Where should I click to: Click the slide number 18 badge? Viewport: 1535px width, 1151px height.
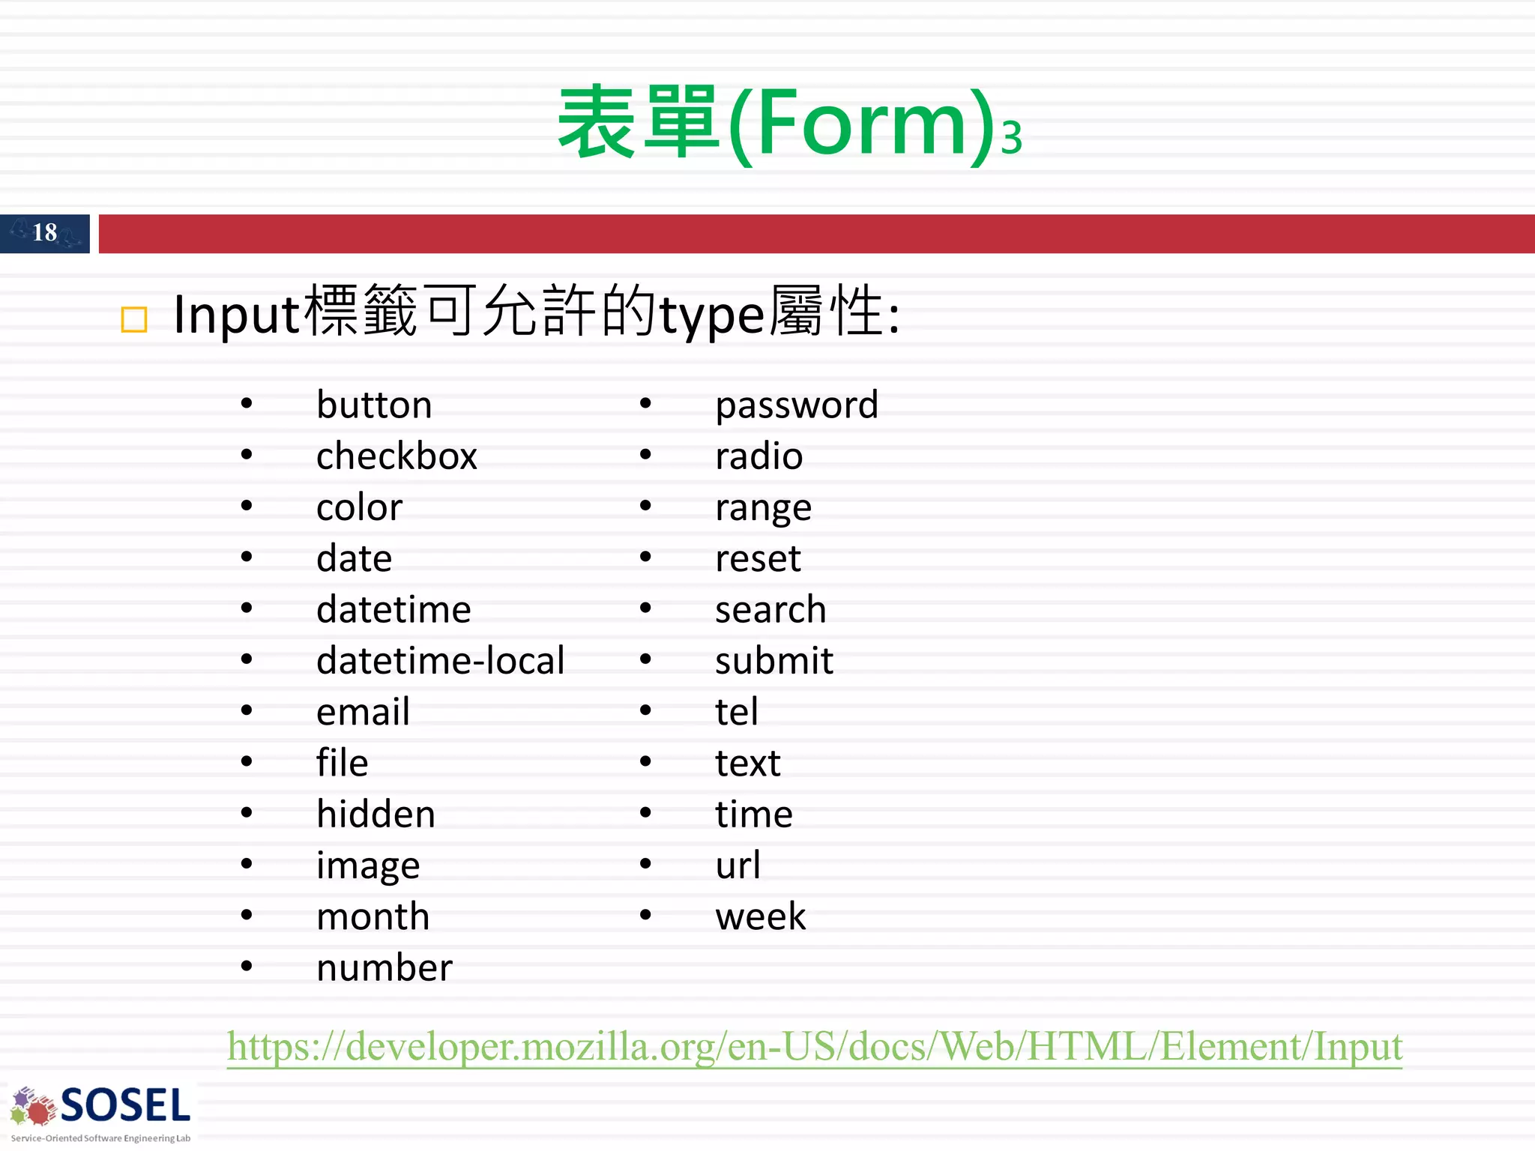pyautogui.click(x=45, y=233)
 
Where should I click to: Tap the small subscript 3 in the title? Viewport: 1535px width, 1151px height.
pyautogui.click(x=1011, y=139)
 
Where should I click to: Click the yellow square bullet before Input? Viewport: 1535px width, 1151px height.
pyautogui.click(x=134, y=320)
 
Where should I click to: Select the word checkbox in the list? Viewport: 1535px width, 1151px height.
pyautogui.click(x=396, y=456)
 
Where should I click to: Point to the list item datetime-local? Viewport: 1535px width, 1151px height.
pyautogui.click(x=440, y=661)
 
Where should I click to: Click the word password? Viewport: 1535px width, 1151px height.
pyautogui.click(x=796, y=405)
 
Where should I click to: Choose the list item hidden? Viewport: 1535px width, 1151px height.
pyautogui.click(x=376, y=815)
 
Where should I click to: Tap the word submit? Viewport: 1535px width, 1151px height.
pyautogui.click(x=773, y=661)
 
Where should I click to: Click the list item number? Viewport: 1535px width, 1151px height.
pyautogui.click(x=384, y=968)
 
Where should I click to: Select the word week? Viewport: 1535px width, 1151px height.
pyautogui.click(x=760, y=916)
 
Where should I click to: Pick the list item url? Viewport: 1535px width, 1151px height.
pyautogui.click(x=738, y=865)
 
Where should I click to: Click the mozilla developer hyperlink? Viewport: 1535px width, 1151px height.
pyautogui.click(x=814, y=1046)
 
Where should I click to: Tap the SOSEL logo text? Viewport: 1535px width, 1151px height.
pyautogui.click(x=125, y=1106)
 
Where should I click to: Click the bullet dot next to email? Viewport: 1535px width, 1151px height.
pyautogui.click(x=247, y=710)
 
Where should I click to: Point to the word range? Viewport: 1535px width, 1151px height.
pyautogui.click(x=763, y=509)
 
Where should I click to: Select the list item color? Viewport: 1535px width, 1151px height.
pyautogui.click(x=359, y=507)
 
